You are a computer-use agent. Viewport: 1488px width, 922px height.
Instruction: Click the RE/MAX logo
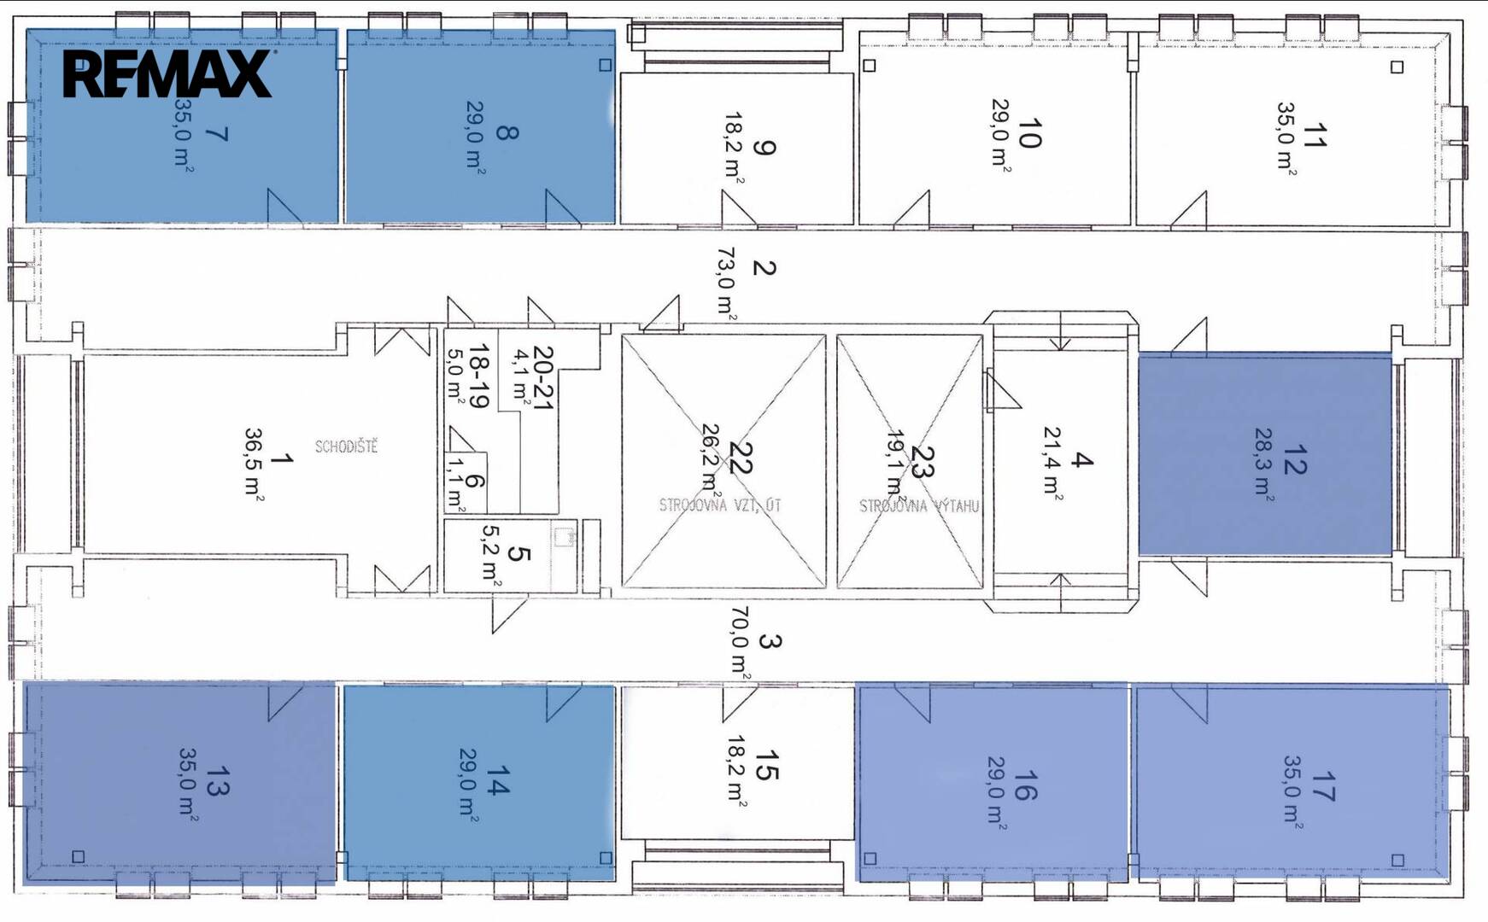168,73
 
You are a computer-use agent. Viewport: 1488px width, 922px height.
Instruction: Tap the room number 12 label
1294,459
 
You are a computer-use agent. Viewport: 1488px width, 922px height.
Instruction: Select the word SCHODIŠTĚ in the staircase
346,446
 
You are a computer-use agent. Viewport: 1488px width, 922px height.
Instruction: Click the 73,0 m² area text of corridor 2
726,284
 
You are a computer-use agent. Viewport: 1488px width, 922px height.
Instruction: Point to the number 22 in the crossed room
741,458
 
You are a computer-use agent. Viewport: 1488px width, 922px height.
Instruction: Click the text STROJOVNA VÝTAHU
919,506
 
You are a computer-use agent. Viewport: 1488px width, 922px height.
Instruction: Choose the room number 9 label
765,147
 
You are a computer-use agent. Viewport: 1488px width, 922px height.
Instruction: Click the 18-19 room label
478,376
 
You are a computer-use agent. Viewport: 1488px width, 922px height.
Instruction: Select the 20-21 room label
543,377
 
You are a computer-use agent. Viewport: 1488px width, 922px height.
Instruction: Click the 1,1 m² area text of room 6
456,484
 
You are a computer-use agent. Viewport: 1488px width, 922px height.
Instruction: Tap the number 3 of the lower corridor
769,641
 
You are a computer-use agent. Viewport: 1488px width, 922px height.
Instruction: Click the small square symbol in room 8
606,65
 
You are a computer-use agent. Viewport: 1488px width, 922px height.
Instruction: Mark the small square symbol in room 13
79,856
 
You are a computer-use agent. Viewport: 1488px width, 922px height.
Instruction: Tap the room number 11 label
1315,136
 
